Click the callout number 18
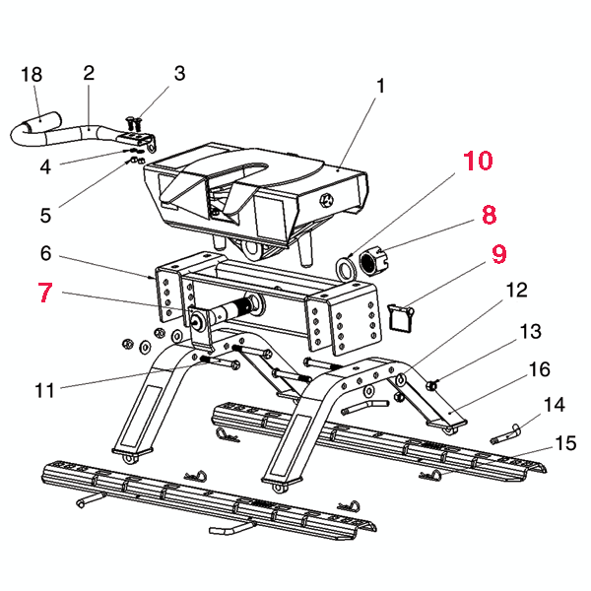tap(32, 75)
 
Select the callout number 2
tap(89, 73)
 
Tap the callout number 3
tap(179, 73)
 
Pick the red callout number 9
tap(498, 254)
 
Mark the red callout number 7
tap(45, 294)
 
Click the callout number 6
tap(45, 253)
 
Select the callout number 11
tap(43, 391)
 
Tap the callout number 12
tap(516, 291)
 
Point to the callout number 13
tap(531, 330)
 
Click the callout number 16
tap(540, 369)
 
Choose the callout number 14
tap(555, 404)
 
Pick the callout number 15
tap(566, 443)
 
